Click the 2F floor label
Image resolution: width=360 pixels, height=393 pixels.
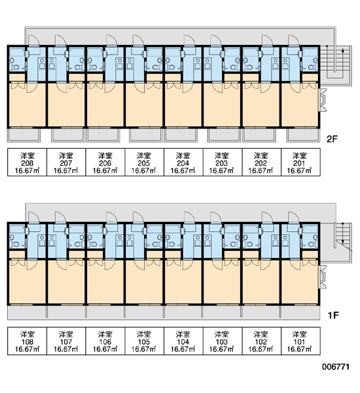[333, 139]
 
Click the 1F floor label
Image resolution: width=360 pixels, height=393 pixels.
[333, 315]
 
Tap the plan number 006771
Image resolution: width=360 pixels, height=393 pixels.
[335, 367]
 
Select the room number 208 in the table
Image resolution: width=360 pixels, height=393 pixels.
[27, 163]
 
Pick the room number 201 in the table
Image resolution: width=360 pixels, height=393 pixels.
[299, 163]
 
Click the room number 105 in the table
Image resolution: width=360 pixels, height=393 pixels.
[143, 342]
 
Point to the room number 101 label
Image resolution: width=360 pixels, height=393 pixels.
[299, 342]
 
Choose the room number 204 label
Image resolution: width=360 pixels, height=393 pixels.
[183, 163]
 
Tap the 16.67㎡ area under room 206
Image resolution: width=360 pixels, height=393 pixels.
[105, 171]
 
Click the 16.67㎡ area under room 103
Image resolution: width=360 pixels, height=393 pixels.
[221, 349]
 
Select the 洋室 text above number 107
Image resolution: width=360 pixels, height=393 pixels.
[66, 334]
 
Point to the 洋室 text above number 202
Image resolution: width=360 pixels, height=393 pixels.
[261, 156]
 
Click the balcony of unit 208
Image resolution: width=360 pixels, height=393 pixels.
[24, 135]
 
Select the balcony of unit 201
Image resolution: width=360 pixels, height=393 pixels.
[303, 135]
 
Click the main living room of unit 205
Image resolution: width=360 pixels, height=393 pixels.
[144, 105]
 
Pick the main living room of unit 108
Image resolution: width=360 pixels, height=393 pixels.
[27, 282]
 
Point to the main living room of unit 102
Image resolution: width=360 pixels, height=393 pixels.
[261, 282]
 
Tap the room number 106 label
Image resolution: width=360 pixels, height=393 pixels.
[105, 342]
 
